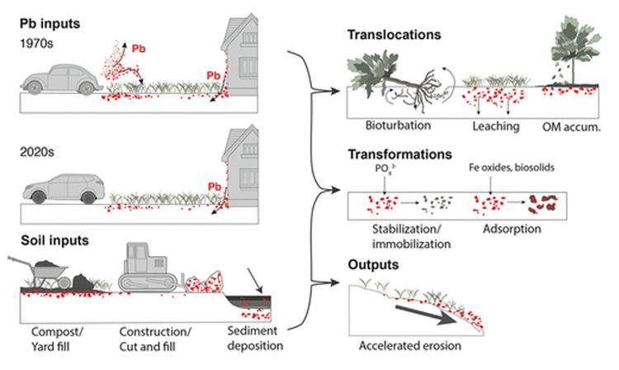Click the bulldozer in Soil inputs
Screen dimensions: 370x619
(147, 265)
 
